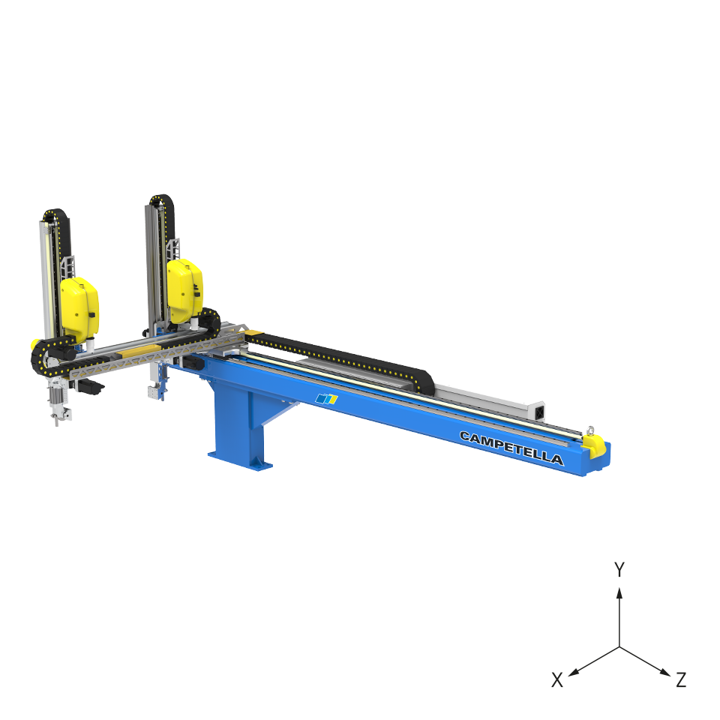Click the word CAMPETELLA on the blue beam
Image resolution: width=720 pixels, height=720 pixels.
pos(511,448)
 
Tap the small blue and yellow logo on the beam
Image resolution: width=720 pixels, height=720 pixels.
pos(326,399)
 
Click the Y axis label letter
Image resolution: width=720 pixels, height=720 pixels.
pos(619,570)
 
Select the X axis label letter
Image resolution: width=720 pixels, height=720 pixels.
pos(557,680)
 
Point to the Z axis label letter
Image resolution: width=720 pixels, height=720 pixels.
pos(681,679)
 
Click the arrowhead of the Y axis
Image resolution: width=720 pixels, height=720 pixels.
pos(619,592)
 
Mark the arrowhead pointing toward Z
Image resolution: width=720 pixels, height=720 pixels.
pos(665,672)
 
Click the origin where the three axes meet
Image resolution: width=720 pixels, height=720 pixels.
pos(619,647)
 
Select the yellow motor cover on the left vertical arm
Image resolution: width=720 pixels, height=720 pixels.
pos(79,305)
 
